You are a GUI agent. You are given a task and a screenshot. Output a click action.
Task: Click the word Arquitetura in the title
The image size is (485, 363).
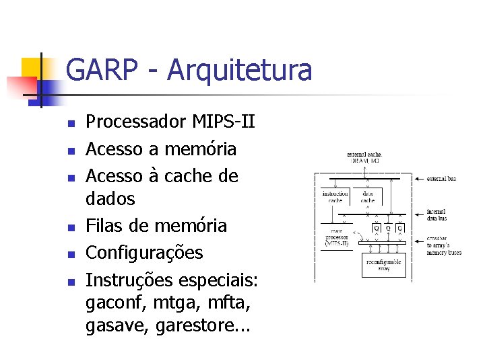point(240,71)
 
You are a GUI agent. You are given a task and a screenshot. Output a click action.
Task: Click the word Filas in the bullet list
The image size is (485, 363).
point(104,225)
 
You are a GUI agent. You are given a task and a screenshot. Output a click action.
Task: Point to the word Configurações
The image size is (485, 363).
point(144,253)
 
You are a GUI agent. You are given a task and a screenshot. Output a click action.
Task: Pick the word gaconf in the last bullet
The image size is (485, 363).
point(115,305)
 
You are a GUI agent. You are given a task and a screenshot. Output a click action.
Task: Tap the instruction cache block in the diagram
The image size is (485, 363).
point(335,197)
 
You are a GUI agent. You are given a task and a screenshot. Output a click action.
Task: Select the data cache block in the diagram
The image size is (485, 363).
point(368,197)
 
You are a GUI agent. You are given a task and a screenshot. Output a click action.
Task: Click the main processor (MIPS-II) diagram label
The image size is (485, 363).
point(335,239)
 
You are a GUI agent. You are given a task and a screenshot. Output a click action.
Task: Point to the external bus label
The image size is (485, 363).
point(441,179)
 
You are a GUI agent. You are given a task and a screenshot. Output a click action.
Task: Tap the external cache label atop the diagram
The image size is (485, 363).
point(365,157)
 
